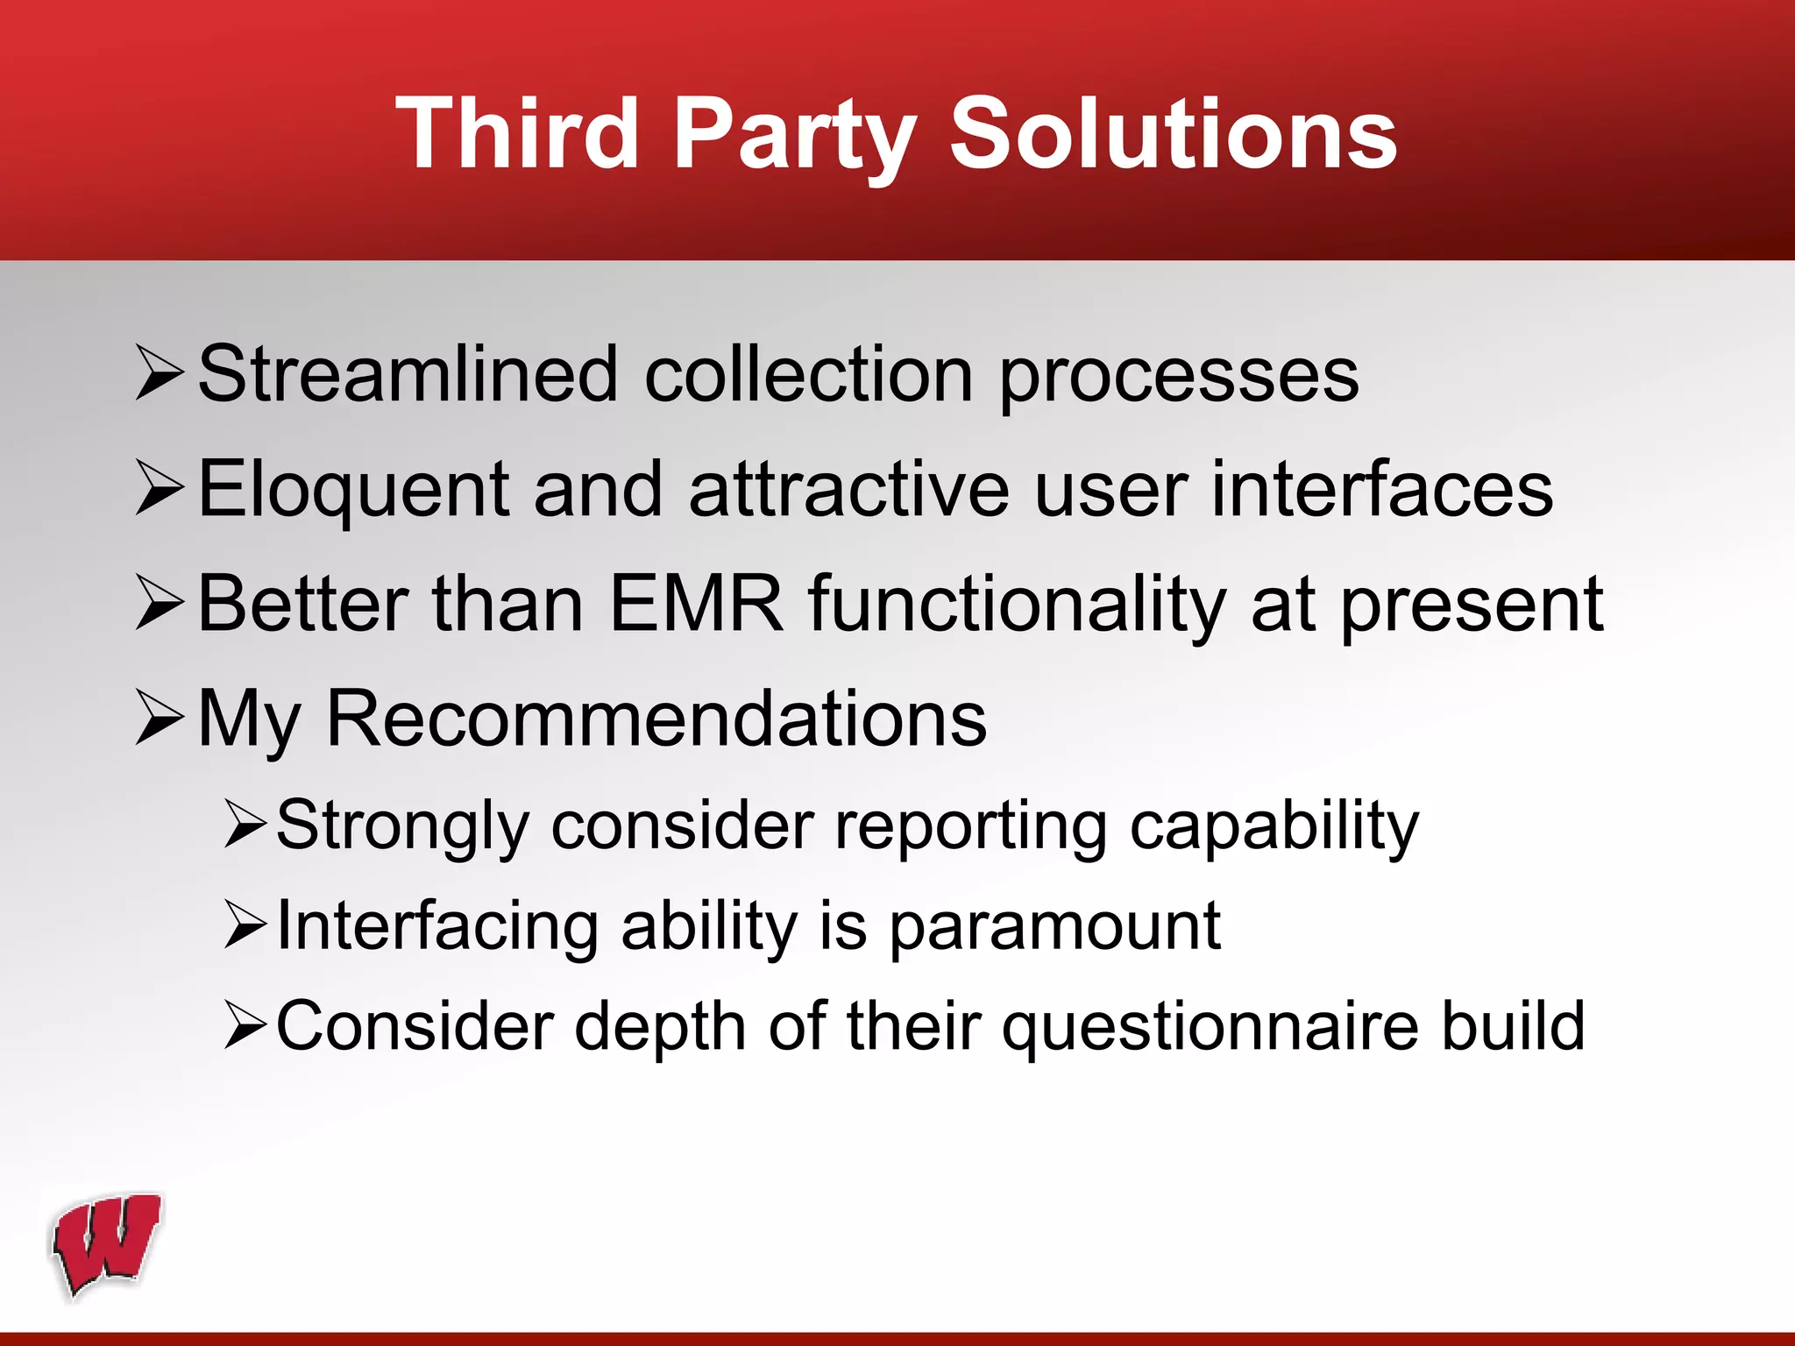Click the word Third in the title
tap(517, 133)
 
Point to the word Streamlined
tap(408, 375)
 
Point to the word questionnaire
tap(1210, 1027)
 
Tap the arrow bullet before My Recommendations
tap(160, 718)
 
